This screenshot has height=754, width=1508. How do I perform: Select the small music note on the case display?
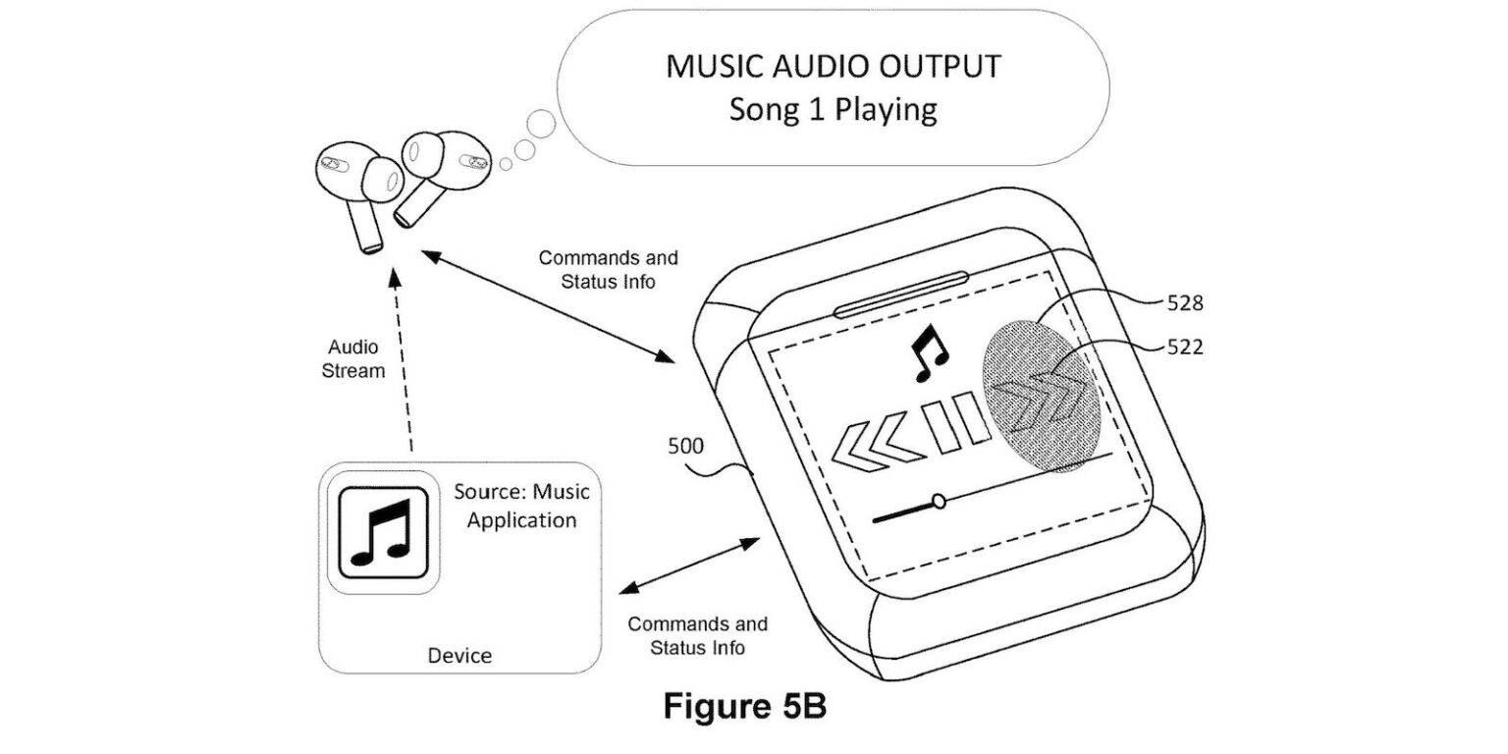928,354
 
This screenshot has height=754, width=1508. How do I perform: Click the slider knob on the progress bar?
940,502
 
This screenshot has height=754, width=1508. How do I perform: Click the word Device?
459,655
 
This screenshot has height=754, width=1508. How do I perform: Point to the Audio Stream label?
356,359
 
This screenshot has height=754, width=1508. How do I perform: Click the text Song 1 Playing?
833,109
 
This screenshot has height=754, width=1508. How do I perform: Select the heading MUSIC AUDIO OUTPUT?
834,66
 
